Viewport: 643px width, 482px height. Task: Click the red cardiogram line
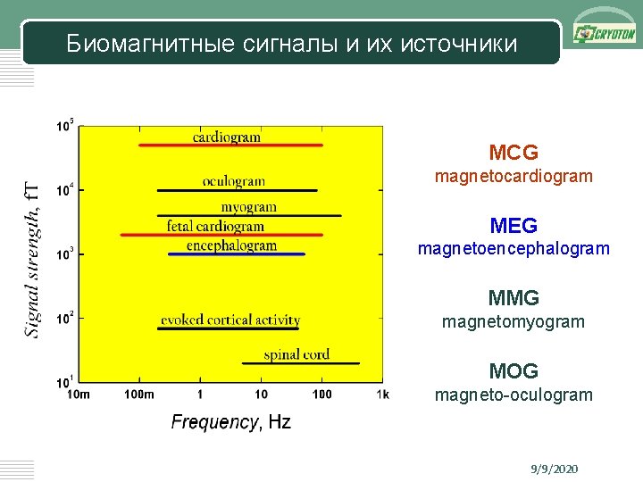point(230,145)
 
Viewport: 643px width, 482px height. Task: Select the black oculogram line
point(237,190)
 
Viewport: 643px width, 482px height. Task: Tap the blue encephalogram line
point(237,254)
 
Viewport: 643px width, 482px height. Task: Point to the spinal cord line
point(300,363)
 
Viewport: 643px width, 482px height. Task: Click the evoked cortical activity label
point(230,320)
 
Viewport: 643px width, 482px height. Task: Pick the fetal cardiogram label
point(215,226)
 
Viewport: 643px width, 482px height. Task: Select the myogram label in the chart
point(248,206)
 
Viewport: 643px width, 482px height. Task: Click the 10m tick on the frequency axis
point(79,394)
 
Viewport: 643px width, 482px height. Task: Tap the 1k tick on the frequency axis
point(383,394)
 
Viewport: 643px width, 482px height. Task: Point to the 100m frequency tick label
point(138,394)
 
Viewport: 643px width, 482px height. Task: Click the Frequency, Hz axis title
point(230,422)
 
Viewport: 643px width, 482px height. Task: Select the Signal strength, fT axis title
point(32,259)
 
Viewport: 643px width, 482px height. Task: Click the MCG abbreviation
point(514,154)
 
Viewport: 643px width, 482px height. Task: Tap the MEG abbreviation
point(514,226)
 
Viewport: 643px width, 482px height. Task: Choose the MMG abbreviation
point(514,297)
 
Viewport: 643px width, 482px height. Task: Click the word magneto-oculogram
point(514,395)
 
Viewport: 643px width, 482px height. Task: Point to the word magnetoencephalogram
point(514,249)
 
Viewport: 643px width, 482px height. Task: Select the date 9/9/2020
point(554,469)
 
